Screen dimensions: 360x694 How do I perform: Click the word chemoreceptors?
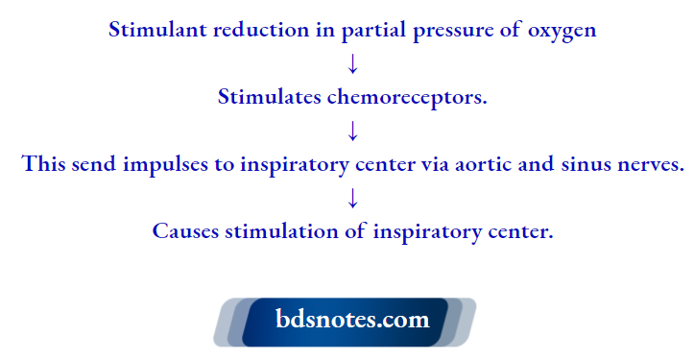tap(404, 97)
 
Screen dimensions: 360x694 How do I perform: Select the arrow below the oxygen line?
tap(352, 63)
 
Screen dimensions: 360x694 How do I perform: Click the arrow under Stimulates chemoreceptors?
tap(352, 131)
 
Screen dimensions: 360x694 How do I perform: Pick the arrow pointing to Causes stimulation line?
tap(352, 198)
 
